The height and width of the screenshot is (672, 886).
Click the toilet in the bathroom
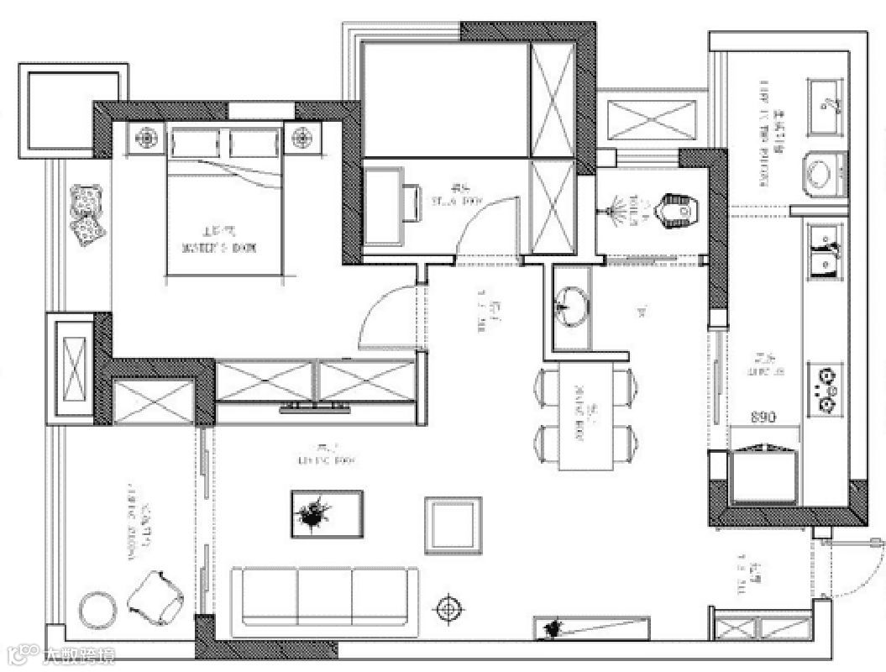click(x=679, y=210)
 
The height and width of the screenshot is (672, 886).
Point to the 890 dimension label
click(x=763, y=417)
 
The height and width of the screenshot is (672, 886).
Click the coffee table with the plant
click(x=327, y=513)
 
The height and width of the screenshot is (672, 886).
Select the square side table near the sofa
click(x=453, y=525)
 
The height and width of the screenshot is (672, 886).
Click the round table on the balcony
click(x=97, y=609)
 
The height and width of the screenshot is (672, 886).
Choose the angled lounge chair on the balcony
click(x=157, y=597)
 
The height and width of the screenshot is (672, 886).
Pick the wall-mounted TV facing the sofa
click(x=315, y=409)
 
